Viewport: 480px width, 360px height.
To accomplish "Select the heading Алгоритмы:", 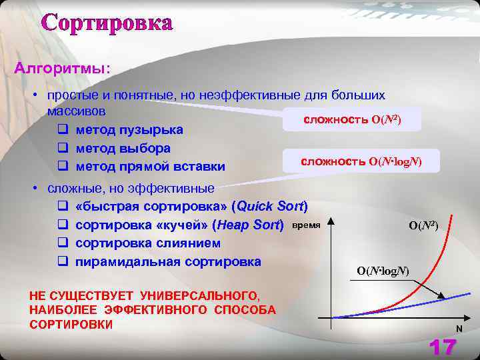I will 63,69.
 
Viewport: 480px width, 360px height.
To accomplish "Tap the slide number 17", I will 443,347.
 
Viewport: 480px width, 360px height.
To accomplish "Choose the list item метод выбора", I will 123,147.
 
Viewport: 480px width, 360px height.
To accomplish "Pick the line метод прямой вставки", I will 150,166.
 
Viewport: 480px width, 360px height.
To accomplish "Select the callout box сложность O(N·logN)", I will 361,161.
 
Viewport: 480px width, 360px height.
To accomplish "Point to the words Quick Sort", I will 270,206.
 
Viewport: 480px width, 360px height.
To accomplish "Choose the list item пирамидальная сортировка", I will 168,261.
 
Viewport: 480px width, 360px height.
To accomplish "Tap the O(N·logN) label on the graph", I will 383,271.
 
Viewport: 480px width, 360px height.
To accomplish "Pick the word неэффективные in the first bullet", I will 253,95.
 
